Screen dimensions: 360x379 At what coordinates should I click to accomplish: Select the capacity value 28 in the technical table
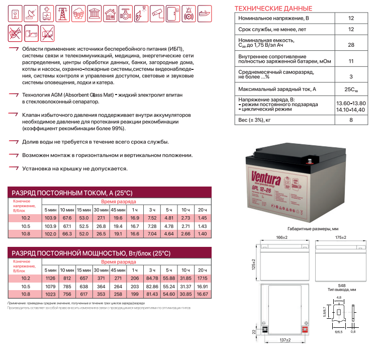351,44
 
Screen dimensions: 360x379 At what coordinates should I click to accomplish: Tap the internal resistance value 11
351,61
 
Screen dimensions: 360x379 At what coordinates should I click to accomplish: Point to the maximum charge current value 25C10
351,89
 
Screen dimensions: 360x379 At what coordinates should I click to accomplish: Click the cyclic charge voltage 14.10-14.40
351,109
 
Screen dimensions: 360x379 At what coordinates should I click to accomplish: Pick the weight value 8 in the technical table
351,120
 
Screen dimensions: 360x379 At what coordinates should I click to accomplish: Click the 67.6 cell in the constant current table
67,218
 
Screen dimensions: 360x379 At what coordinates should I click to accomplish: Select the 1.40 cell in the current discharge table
202,234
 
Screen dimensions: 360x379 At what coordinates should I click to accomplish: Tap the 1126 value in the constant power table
50,278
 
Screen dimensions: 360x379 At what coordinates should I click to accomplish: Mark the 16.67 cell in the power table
202,294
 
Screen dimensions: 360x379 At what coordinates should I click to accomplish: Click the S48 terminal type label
341,285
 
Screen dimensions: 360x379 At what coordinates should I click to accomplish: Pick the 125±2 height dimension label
253,263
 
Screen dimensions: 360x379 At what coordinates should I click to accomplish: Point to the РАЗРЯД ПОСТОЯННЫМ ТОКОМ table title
72,193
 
